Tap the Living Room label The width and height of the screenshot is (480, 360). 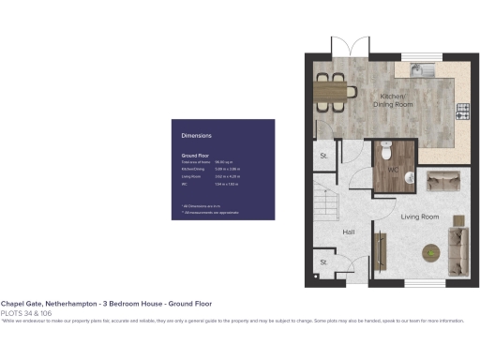[x=420, y=217]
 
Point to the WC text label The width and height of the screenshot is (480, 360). [x=395, y=172]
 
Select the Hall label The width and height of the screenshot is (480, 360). [x=348, y=232]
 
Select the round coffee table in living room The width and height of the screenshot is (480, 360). [x=430, y=251]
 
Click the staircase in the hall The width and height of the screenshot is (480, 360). [x=326, y=200]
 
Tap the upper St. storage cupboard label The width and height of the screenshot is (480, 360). [x=323, y=156]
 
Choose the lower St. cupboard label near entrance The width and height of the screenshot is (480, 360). [x=323, y=262]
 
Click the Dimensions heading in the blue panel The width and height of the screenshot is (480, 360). [x=196, y=136]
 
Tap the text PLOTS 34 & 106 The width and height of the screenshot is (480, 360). [x=25, y=312]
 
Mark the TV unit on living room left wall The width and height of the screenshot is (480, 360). [x=381, y=249]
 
